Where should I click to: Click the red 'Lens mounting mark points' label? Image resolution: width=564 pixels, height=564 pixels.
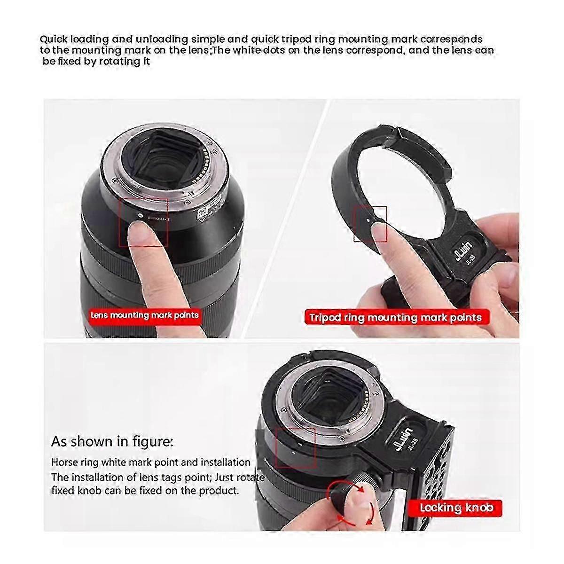tap(144, 315)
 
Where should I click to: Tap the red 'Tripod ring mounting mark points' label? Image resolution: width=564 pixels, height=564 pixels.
tap(397, 318)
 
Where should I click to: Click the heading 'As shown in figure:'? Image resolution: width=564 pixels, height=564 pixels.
tap(112, 442)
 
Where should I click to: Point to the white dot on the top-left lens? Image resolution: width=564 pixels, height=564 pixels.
tap(140, 215)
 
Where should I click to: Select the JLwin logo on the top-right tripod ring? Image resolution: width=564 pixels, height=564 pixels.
tap(462, 252)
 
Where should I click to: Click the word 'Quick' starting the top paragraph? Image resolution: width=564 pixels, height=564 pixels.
tap(54, 39)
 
